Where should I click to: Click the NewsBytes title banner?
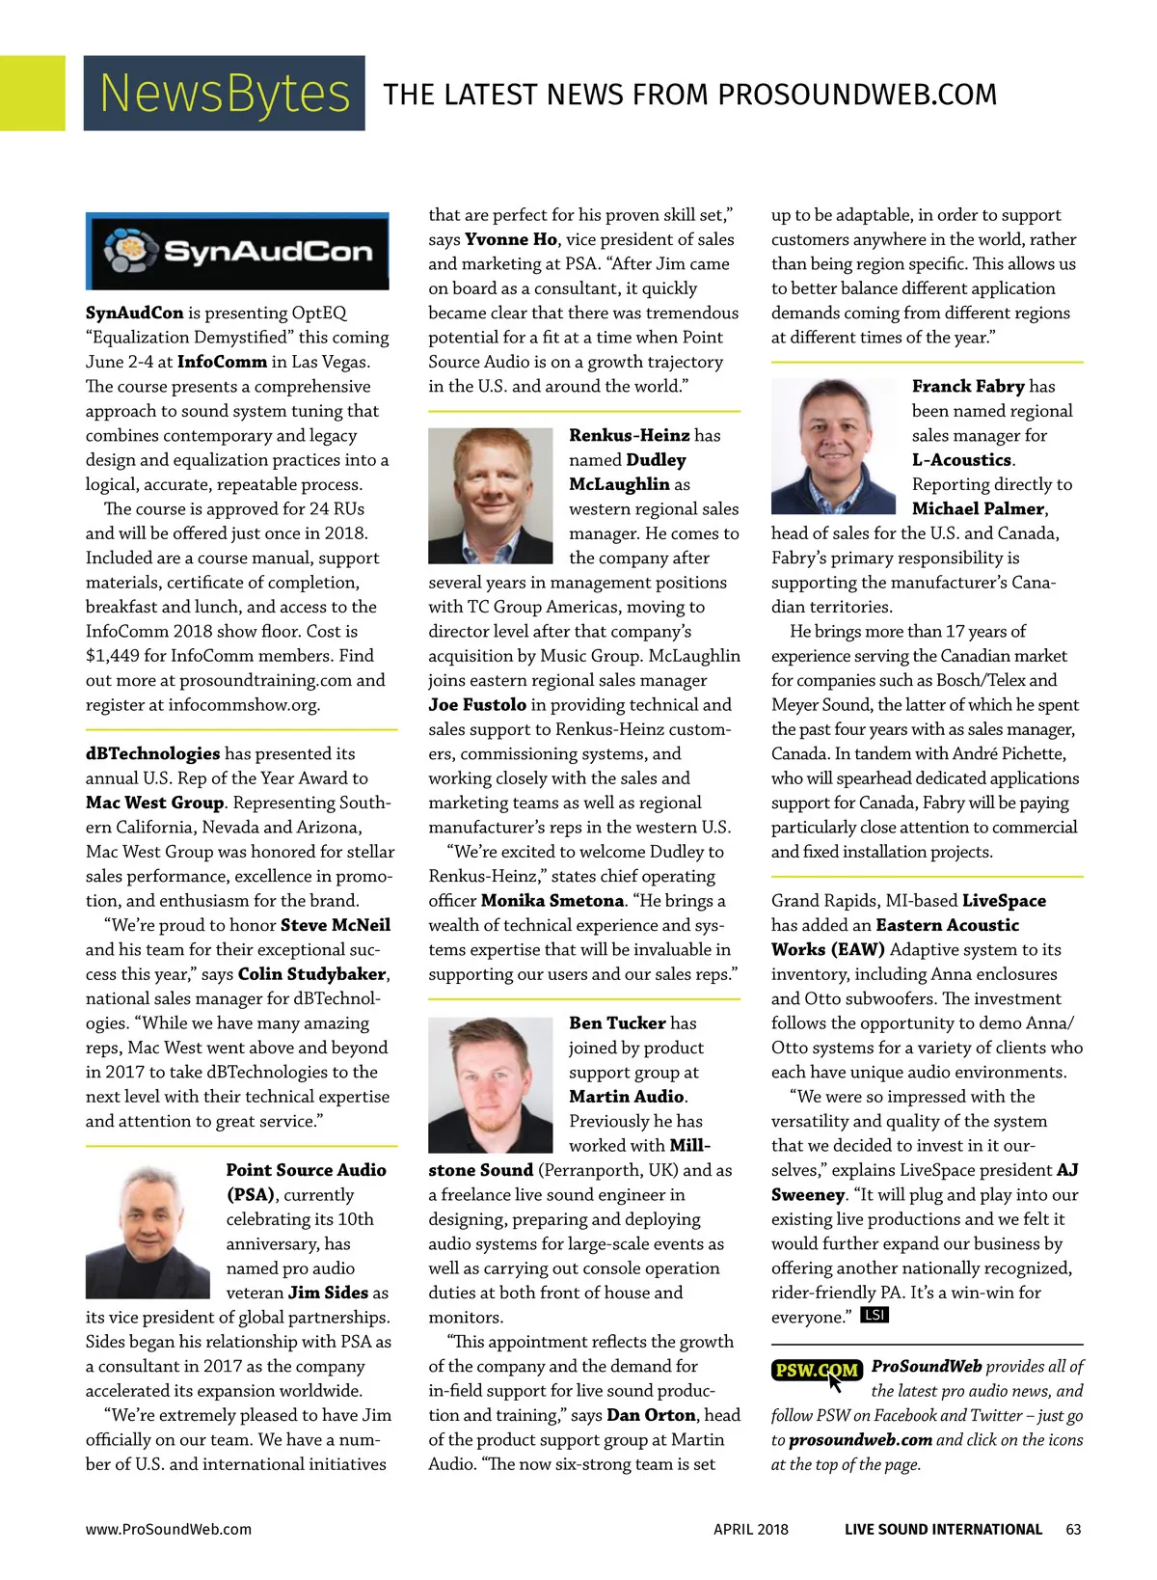224,93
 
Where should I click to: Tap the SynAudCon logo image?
237,251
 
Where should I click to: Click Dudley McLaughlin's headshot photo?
491,496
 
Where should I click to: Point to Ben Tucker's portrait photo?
491,1083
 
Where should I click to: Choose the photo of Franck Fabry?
834,446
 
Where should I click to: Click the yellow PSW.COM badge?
816,1370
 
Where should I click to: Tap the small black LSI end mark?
874,1315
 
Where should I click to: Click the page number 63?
1073,1529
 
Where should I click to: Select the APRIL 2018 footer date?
750,1529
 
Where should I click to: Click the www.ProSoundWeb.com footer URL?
169,1529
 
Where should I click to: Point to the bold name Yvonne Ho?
511,239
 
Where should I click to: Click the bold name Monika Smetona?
552,901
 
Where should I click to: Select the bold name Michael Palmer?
979,508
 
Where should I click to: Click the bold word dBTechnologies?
152,753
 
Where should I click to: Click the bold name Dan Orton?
651,1415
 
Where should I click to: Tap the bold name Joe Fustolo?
477,705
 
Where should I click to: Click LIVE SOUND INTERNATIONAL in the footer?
943,1529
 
